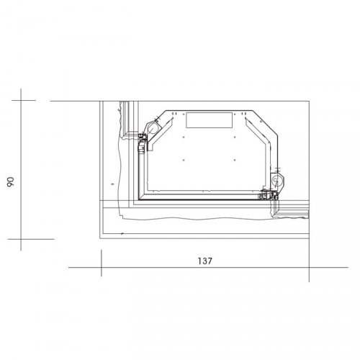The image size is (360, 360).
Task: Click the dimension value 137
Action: (205, 261)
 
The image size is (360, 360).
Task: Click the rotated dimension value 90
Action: (11, 182)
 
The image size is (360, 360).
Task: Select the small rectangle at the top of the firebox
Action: (210, 120)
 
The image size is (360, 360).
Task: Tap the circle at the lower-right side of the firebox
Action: (275, 180)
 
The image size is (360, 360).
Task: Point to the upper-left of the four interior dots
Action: (184, 137)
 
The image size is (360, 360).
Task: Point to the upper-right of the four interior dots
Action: (235, 137)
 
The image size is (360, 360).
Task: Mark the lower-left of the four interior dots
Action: (184, 160)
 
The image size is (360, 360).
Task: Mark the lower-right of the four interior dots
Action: (235, 160)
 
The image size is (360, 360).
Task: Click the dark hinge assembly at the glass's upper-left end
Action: (142, 143)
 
